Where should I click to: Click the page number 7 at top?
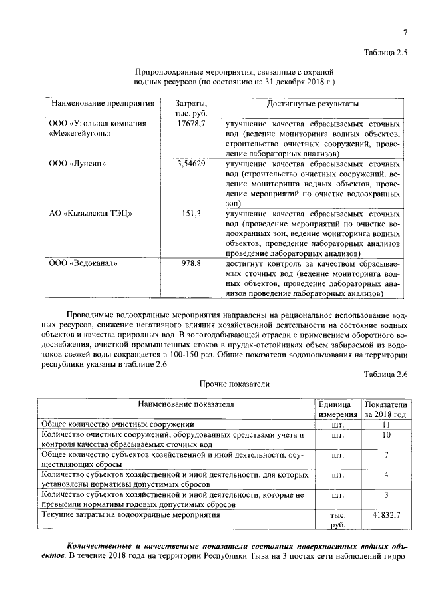click(404, 33)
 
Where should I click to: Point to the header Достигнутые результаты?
click(312, 104)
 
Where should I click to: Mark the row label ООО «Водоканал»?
click(83, 263)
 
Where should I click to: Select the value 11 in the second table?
click(385, 424)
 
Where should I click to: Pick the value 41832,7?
click(385, 515)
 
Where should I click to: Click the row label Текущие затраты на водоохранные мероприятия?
click(130, 515)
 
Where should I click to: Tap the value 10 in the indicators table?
click(385, 435)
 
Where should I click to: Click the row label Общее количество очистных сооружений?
click(117, 424)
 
